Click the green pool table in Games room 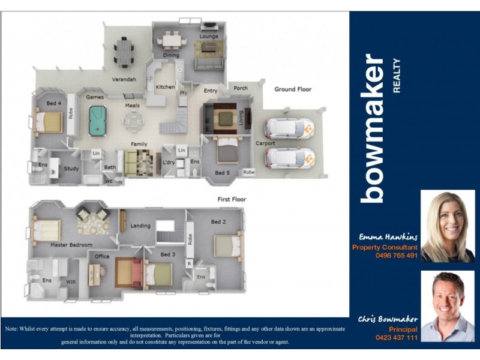coord(95,121)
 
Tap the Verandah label coord(124,79)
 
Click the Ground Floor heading coord(293,89)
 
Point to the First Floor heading coord(232,199)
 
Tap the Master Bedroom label coord(71,245)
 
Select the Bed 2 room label coord(218,221)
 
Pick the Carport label coord(265,143)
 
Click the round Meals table coord(133,122)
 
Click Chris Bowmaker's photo coord(447,305)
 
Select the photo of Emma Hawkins coord(447,226)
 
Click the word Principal coord(403,329)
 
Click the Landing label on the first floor coord(140,226)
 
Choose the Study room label coord(71,169)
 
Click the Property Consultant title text coord(385,247)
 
